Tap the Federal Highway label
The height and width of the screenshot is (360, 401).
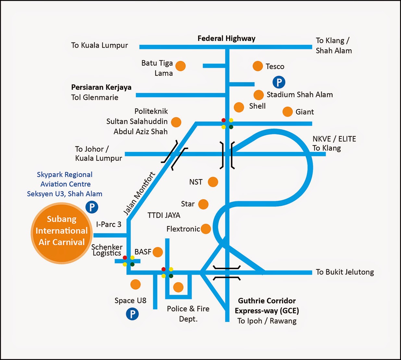pyautogui.click(x=226, y=39)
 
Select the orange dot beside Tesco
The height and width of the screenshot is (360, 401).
pyautogui.click(x=258, y=66)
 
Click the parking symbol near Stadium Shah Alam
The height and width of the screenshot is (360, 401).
pyautogui.click(x=279, y=82)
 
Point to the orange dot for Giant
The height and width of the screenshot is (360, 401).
pyautogui.click(x=287, y=112)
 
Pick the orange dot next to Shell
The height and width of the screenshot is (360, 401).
pyautogui.click(x=239, y=107)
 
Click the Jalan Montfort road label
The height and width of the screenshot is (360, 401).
pyautogui.click(x=139, y=194)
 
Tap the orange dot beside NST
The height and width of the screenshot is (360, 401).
pyautogui.click(x=213, y=182)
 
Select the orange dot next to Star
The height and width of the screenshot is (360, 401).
pyautogui.click(x=203, y=204)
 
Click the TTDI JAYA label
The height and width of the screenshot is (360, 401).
pyautogui.click(x=164, y=215)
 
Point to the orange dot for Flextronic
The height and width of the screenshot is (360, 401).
pyautogui.click(x=206, y=229)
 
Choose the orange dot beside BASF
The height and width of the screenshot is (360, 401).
pyautogui.click(x=158, y=252)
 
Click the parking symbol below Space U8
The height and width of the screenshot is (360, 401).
pyautogui.click(x=132, y=314)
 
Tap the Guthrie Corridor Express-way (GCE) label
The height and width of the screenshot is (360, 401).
pyautogui.click(x=267, y=306)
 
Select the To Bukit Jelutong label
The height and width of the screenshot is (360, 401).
pyautogui.click(x=345, y=272)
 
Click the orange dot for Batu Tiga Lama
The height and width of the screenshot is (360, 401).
pyautogui.click(x=181, y=66)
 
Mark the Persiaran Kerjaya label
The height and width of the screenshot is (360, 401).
pyautogui.click(x=101, y=87)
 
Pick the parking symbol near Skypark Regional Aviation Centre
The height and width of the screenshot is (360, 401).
pyautogui.click(x=92, y=207)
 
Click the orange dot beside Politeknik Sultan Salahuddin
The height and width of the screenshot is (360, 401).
pyautogui.click(x=176, y=122)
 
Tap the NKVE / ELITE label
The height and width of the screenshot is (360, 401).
pyautogui.click(x=334, y=139)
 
